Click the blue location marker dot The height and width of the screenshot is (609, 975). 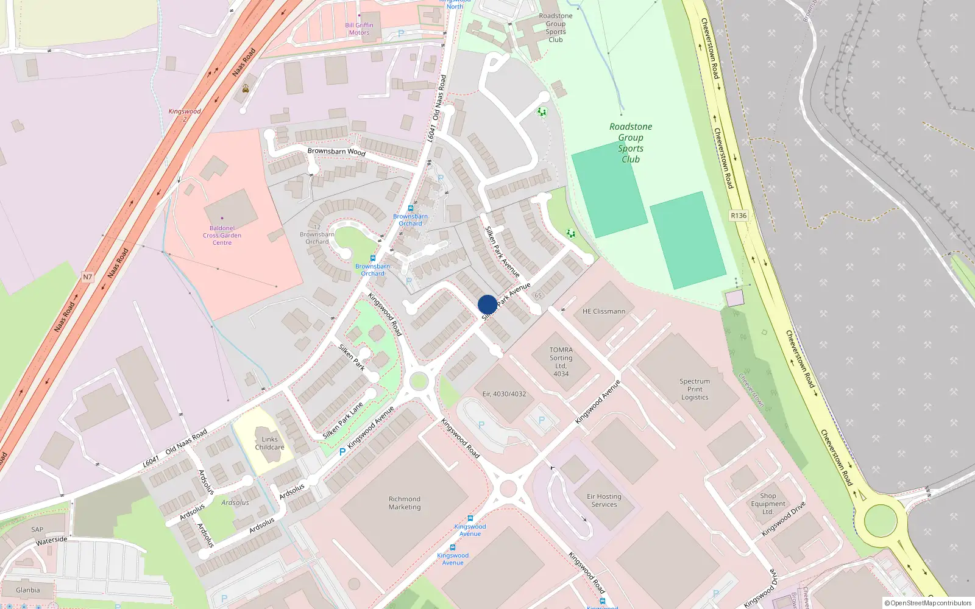(x=487, y=304)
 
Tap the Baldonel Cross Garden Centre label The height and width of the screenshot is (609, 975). (x=222, y=235)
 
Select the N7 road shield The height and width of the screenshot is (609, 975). (x=88, y=277)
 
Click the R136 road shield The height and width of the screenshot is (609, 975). (x=739, y=216)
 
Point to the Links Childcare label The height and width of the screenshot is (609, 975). (x=269, y=443)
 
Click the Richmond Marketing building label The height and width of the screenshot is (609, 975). (x=405, y=502)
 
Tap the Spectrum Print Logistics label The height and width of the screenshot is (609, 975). (x=695, y=389)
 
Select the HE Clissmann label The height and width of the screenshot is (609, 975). (x=603, y=311)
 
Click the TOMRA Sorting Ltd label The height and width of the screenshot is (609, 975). (x=561, y=362)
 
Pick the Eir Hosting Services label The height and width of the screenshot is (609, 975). (x=604, y=500)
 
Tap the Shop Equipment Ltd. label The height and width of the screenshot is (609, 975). (x=768, y=504)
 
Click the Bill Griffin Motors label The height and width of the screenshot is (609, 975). (x=359, y=29)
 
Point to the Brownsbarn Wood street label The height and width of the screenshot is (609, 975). (x=336, y=151)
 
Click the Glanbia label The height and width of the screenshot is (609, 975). (x=28, y=590)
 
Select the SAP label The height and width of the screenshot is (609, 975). (x=37, y=529)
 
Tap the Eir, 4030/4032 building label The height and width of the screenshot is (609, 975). (x=504, y=394)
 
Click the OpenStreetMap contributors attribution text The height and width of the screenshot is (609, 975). (x=928, y=603)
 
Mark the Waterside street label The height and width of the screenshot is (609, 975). (x=52, y=540)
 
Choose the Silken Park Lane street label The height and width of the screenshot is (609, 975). (x=343, y=420)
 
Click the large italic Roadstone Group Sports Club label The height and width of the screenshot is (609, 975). (x=631, y=143)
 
